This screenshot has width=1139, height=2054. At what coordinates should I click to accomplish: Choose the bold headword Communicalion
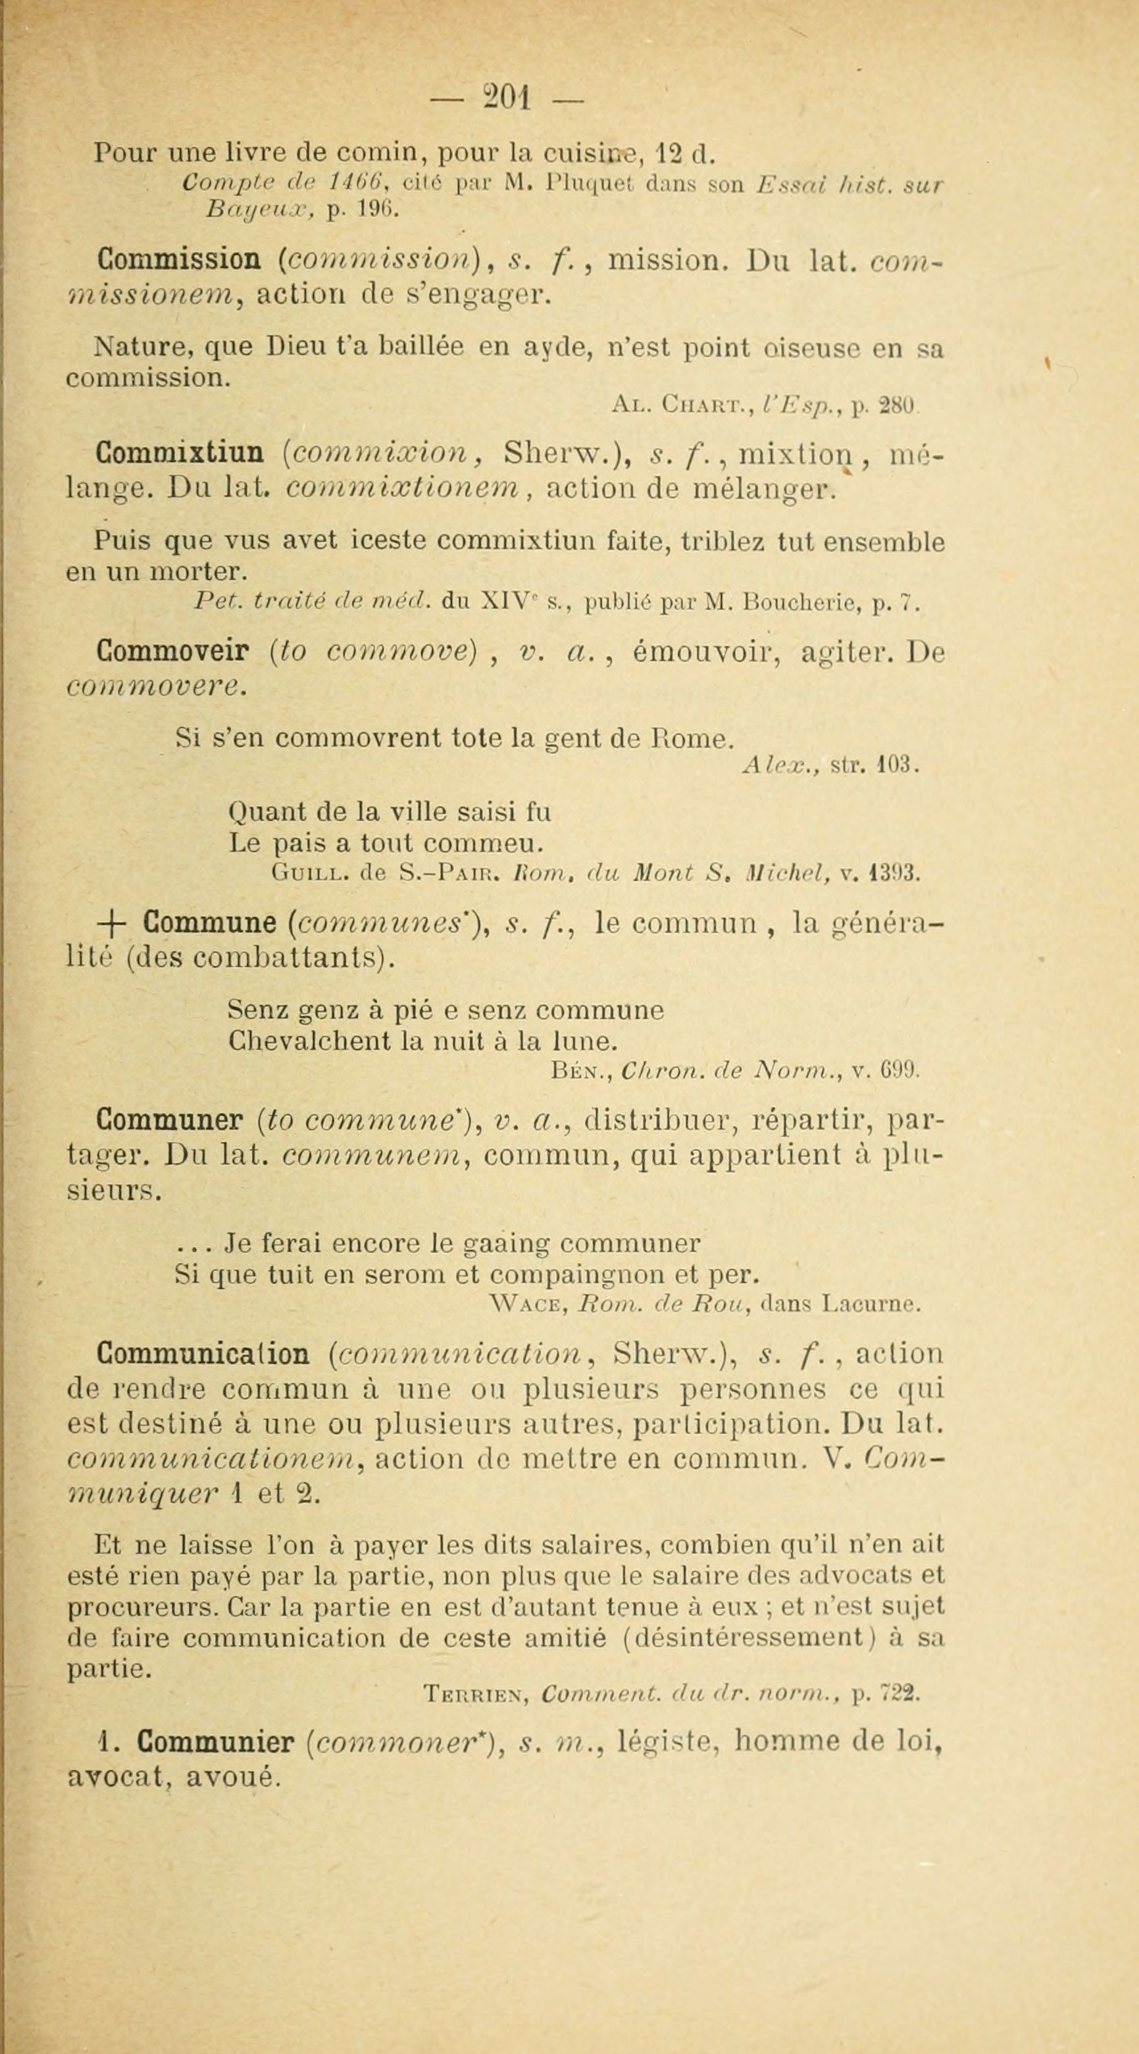[x=203, y=1353]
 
